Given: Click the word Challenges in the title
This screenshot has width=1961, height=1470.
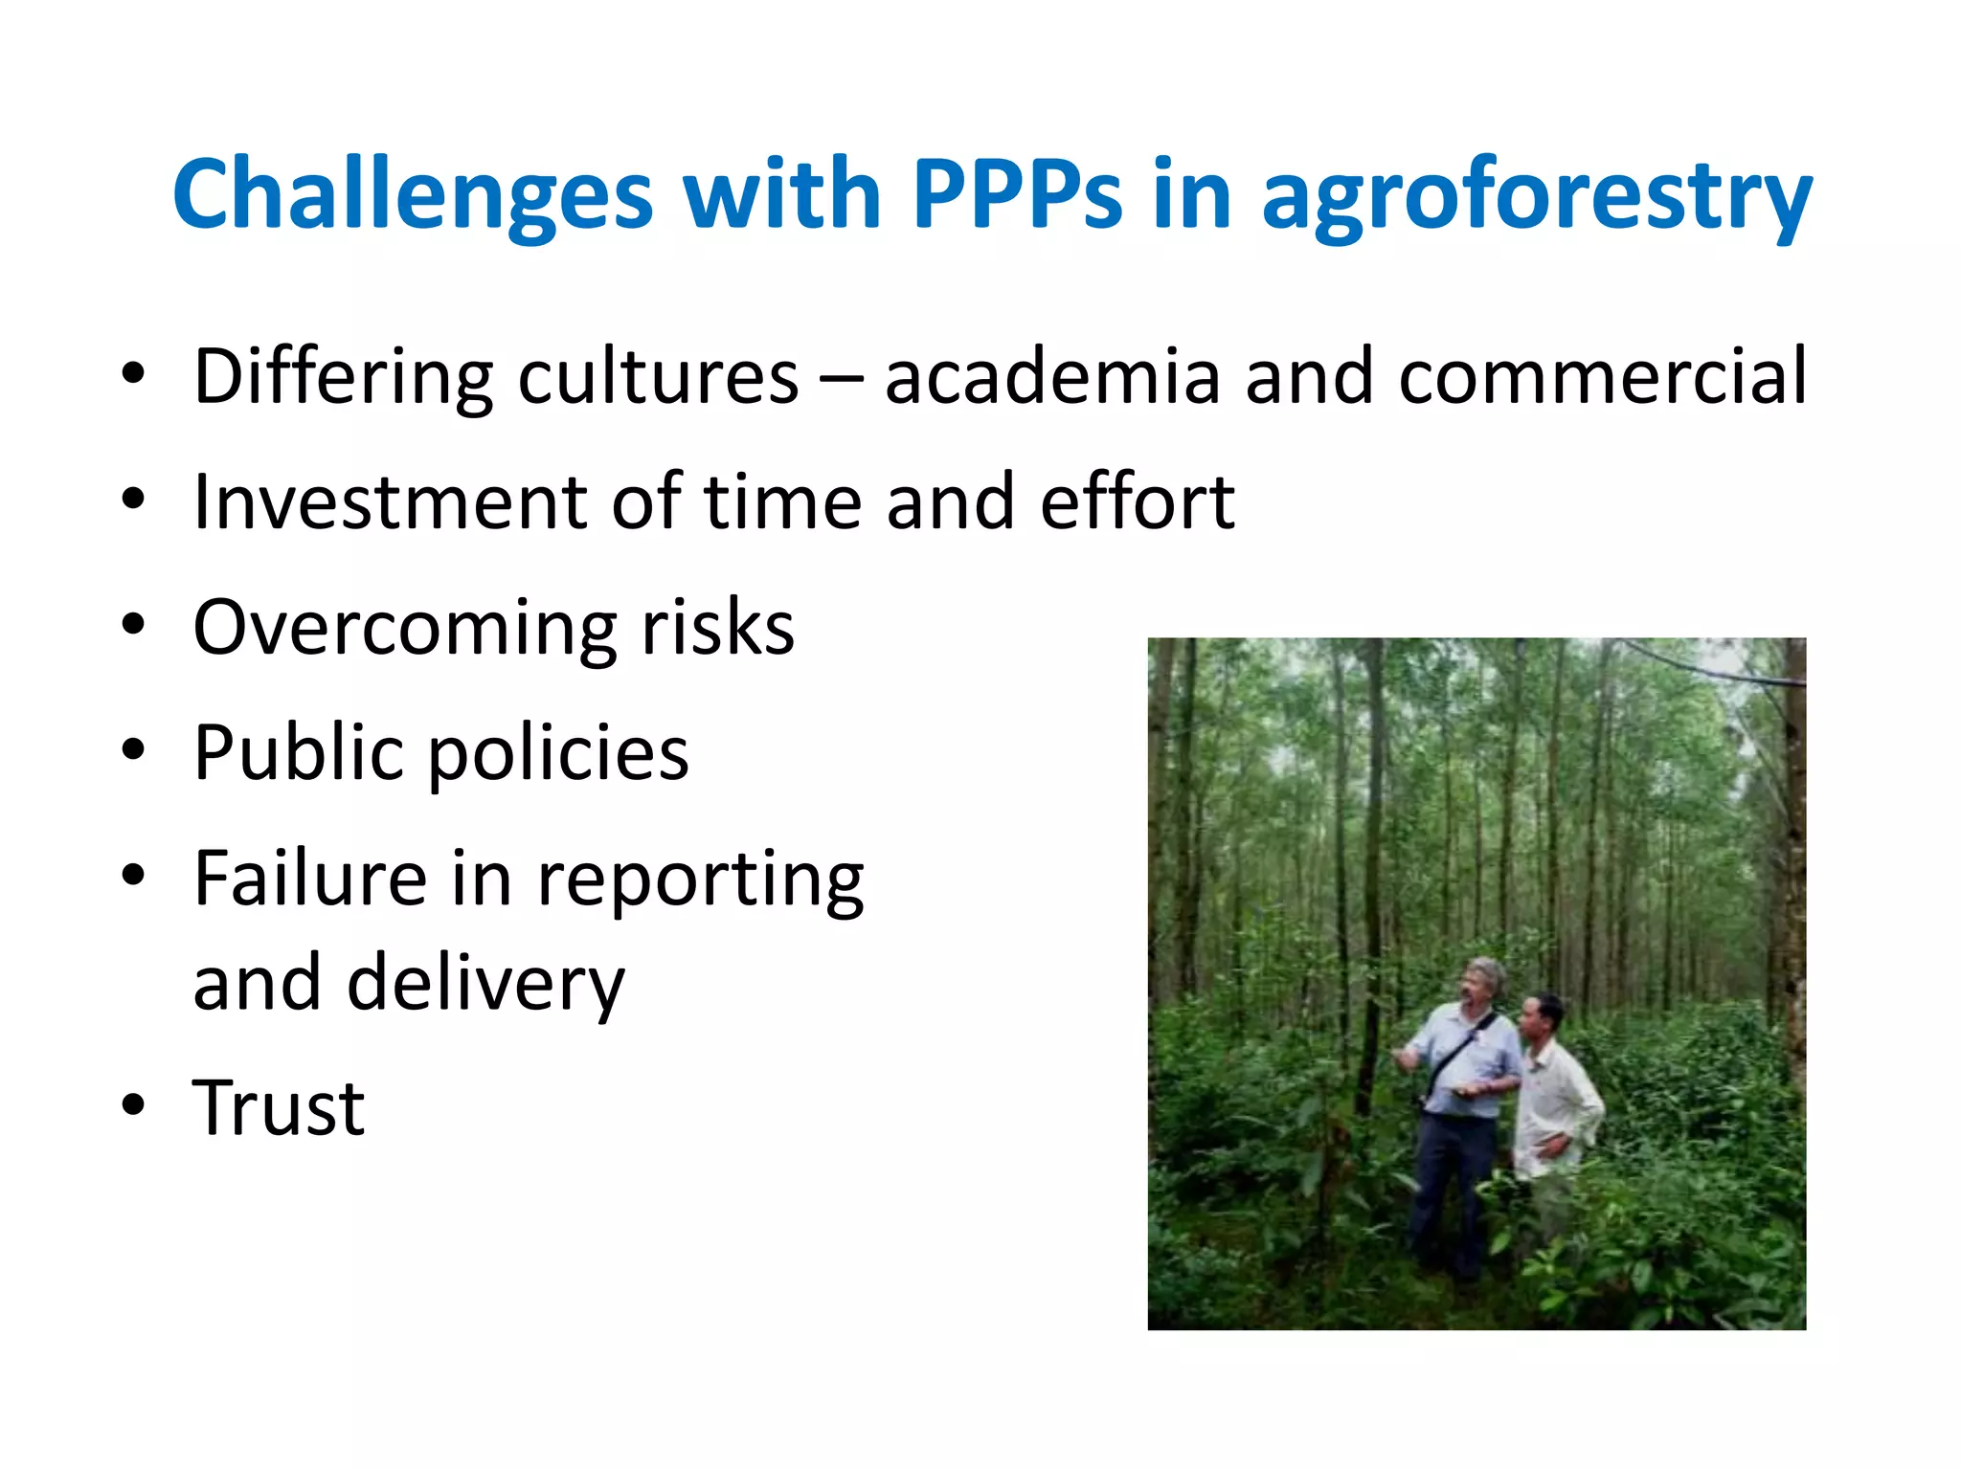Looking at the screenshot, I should tap(412, 194).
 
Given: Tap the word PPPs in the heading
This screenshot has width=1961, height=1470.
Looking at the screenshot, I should tap(1016, 194).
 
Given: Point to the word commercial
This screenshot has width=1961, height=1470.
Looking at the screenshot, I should tap(1602, 376).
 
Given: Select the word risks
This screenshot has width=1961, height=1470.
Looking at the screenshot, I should tap(717, 627).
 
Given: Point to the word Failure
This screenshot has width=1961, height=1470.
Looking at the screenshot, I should tap(309, 878).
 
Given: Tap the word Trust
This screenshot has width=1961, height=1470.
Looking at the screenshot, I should tap(278, 1108).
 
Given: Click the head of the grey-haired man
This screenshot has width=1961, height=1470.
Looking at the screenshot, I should tap(1483, 979).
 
